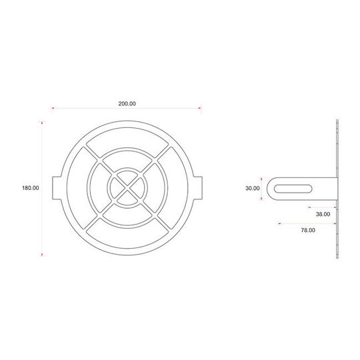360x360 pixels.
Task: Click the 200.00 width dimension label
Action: (127, 104)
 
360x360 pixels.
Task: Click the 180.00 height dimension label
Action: (30, 188)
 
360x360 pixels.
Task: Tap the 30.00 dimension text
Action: (252, 188)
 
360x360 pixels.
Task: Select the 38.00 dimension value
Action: (323, 214)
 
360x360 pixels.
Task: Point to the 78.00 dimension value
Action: (308, 230)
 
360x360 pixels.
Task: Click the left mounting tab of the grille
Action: (57, 188)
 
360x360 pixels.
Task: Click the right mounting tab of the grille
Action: (198, 188)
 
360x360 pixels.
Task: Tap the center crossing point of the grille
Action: (127, 188)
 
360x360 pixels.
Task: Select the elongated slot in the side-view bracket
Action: (293, 189)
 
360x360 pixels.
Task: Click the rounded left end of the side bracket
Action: (268, 189)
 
